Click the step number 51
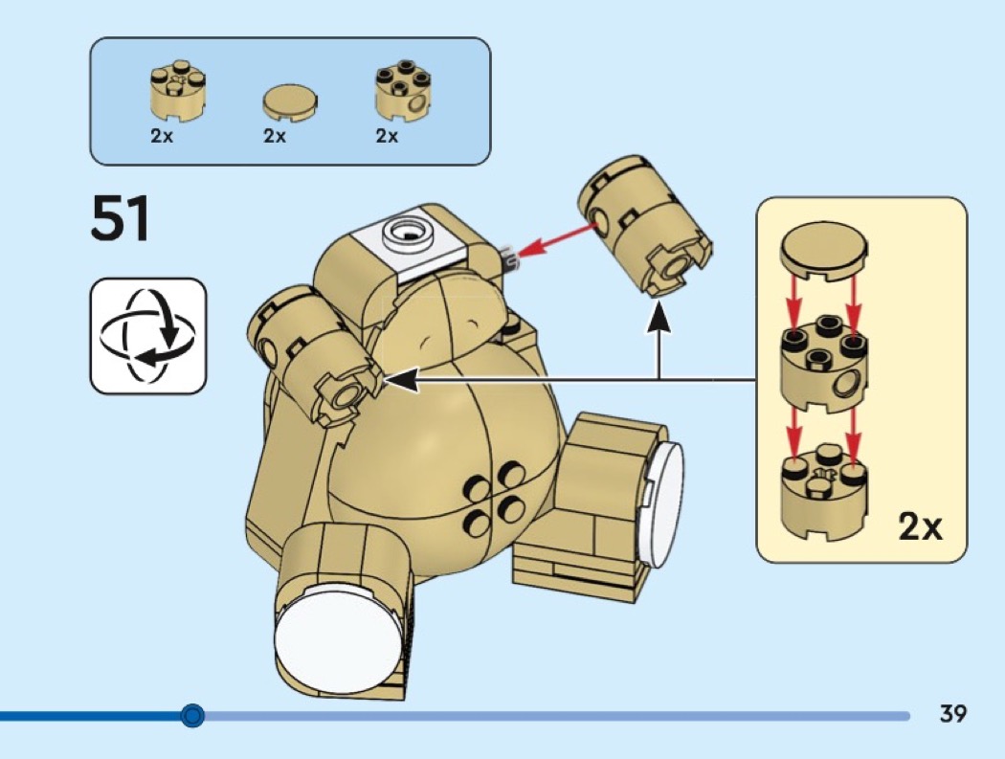pos(121,219)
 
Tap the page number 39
pos(952,713)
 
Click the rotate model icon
pos(148,335)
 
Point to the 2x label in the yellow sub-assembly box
pos(920,525)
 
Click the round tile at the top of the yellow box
pos(822,252)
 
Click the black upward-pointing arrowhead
pos(659,317)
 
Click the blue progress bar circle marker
pos(193,714)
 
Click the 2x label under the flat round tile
pos(275,137)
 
